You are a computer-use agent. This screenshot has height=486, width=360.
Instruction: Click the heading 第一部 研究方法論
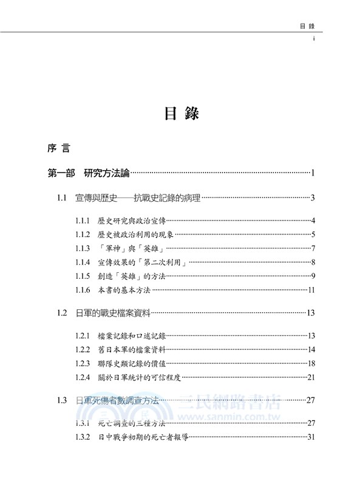88,174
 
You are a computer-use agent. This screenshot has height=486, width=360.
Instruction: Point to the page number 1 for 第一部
311,175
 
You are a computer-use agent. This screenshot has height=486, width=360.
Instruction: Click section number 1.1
61,197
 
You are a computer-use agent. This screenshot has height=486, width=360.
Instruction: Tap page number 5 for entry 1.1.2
311,234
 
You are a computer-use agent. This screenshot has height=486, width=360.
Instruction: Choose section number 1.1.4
83,262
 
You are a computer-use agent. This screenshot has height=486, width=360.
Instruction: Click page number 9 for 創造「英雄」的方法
311,276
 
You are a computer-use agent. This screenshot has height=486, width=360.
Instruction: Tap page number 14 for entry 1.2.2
310,350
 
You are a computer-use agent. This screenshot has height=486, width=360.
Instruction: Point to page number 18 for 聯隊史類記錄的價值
310,364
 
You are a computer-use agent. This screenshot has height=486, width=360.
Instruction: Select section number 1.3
61,400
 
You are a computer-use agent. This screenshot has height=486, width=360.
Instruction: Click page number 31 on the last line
310,437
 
